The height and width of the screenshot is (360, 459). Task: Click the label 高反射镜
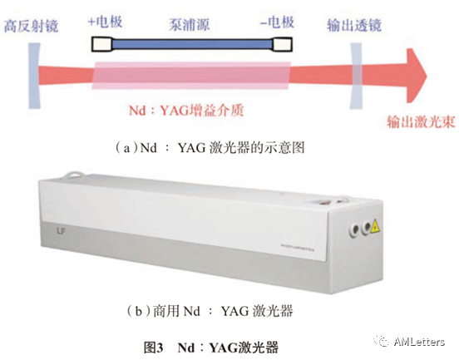point(31,26)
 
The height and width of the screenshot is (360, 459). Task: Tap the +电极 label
point(105,22)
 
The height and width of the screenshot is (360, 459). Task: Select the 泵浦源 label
point(190,24)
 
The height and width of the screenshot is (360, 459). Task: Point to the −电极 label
point(277,22)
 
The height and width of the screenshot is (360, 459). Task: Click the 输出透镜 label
point(354,25)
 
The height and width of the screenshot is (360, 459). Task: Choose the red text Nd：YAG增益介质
point(186,111)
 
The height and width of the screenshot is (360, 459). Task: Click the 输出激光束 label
point(422,121)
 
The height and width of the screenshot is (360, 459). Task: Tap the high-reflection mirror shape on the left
point(34,76)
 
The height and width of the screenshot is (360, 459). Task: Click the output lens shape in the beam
point(356,76)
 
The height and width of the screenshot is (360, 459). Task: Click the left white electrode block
point(102,45)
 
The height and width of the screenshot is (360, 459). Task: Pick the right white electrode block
point(283,45)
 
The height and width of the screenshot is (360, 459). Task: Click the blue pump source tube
point(192,45)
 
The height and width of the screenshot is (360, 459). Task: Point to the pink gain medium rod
point(191,76)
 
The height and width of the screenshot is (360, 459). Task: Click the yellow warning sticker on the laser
point(375,227)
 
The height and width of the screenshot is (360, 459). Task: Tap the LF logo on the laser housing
point(62,232)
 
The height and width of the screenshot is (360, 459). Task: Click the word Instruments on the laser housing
point(298,247)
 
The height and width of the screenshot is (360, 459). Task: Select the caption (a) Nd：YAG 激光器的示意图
point(210,147)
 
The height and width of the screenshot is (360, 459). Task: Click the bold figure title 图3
point(153,348)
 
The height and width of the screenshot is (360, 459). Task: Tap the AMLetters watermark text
point(419,342)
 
